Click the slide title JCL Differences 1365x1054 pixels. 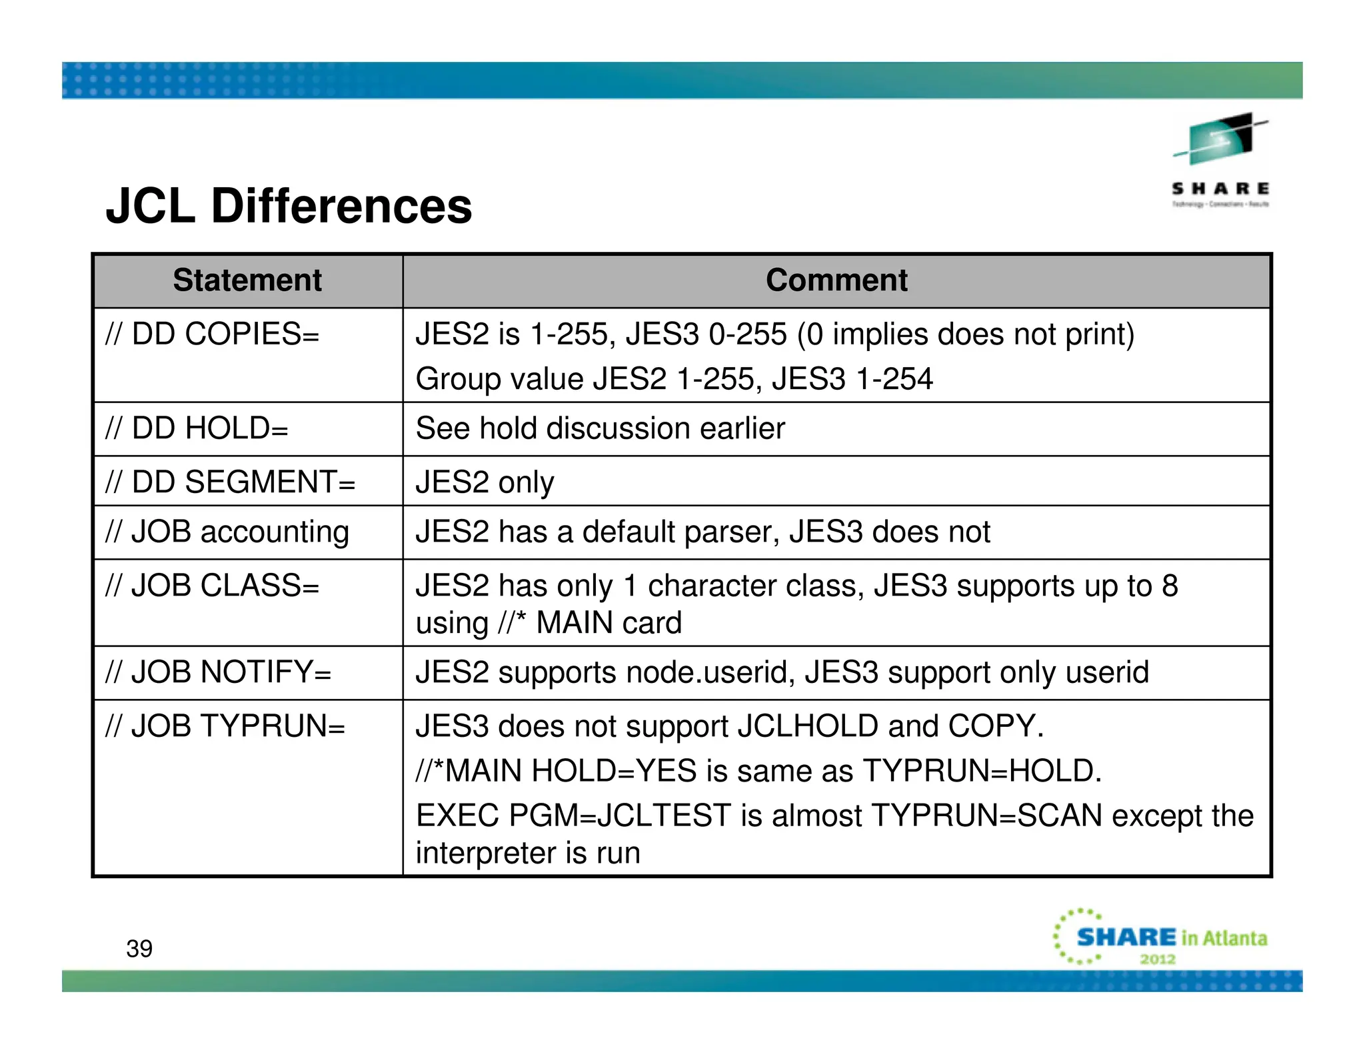click(289, 206)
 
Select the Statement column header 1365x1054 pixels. click(247, 280)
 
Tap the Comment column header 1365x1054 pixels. click(836, 280)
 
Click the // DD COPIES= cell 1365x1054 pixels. click(213, 334)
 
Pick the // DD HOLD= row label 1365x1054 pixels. click(197, 428)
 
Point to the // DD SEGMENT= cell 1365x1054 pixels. click(231, 482)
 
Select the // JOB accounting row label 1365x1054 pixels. click(227, 532)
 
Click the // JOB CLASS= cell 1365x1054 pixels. click(213, 586)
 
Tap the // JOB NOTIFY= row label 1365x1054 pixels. click(219, 672)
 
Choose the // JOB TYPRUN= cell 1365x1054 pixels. click(225, 726)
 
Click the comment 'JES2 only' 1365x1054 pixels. click(485, 482)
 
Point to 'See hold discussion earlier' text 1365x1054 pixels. click(600, 428)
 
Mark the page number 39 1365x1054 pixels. click(139, 949)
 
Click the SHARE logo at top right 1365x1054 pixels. click(1220, 160)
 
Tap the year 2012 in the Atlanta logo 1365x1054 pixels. click(1157, 959)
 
